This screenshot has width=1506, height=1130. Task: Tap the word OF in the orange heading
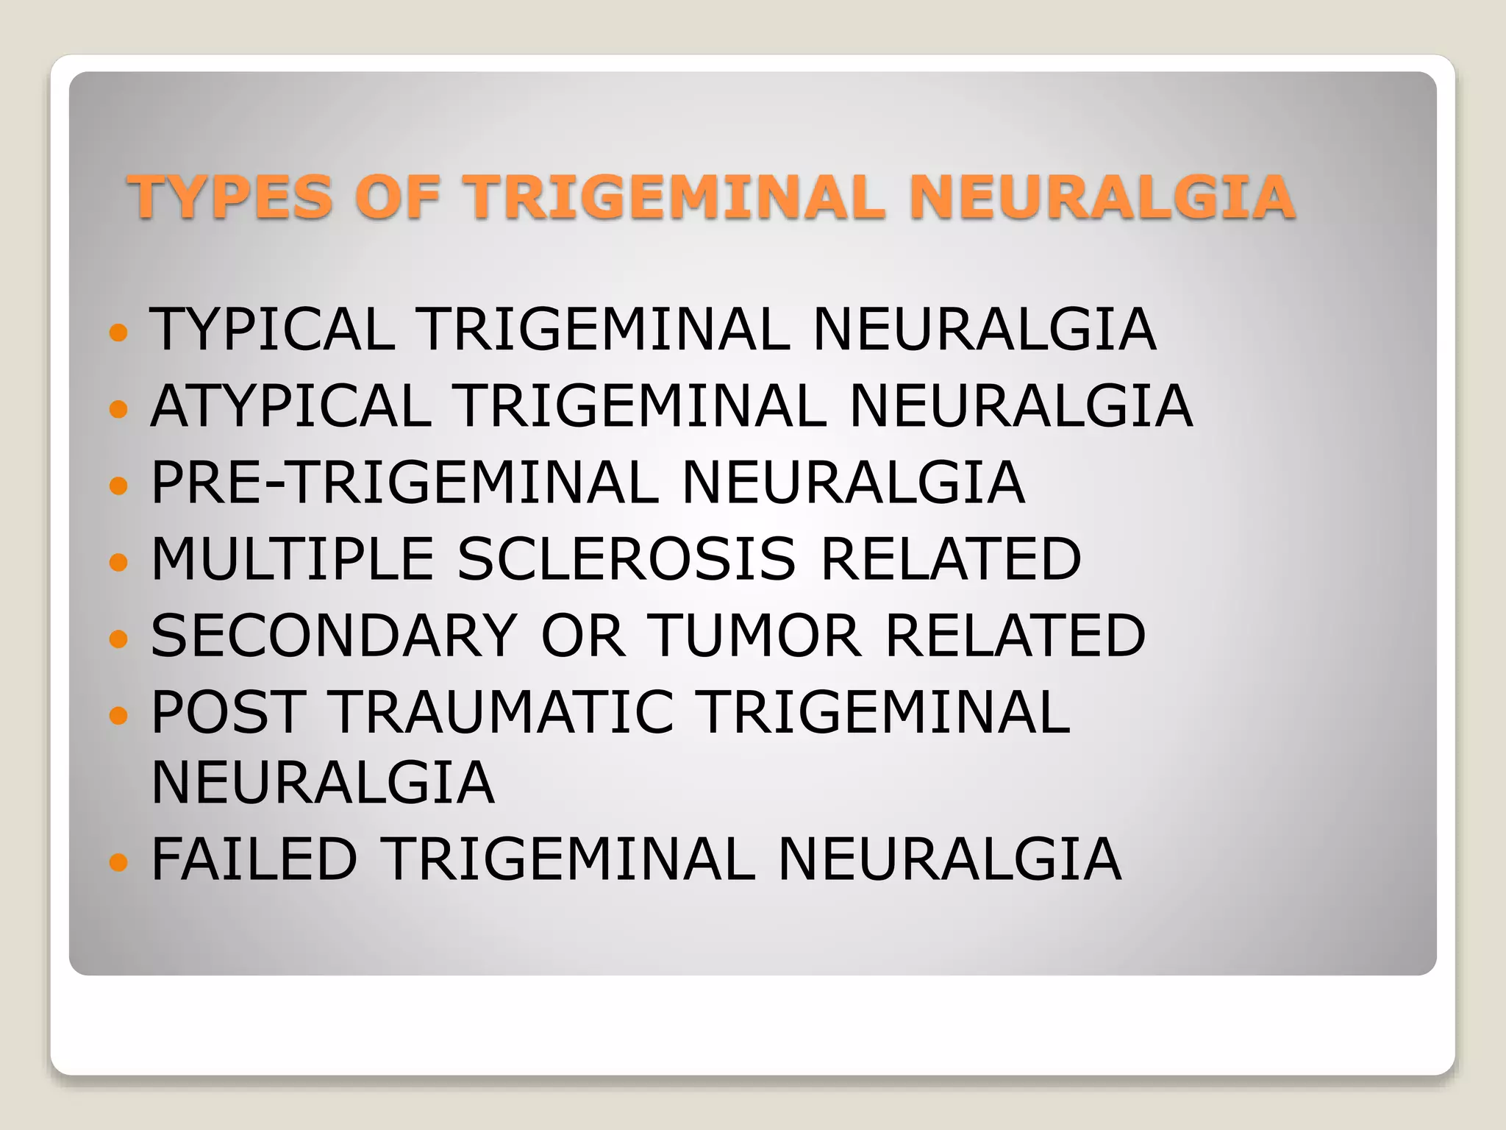click(x=397, y=196)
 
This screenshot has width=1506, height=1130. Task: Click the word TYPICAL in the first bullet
click(x=273, y=329)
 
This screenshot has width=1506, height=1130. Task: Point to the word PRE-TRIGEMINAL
click(x=405, y=483)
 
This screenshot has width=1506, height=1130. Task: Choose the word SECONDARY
click(x=335, y=636)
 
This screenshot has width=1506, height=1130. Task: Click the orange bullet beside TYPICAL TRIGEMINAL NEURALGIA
click(x=118, y=333)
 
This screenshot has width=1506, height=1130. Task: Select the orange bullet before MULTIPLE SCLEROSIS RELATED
click(x=118, y=563)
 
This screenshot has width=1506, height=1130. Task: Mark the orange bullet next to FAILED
click(x=118, y=861)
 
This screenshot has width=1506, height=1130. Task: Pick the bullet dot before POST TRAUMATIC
click(x=118, y=715)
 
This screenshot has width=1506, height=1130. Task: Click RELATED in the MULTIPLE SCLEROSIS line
click(x=951, y=559)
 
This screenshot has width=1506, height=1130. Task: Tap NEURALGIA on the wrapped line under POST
click(x=323, y=783)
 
